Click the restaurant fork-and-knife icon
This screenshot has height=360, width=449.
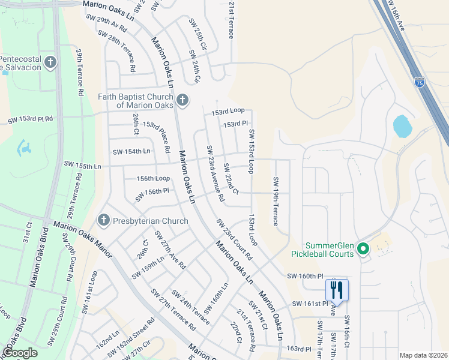(337, 290)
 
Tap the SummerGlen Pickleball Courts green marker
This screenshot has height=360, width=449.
(363, 248)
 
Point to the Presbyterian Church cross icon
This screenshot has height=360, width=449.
(103, 221)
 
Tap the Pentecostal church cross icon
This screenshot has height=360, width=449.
(50, 62)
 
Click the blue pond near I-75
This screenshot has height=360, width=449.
(402, 125)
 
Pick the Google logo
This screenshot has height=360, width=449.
(20, 353)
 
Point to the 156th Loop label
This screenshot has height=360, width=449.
(153, 179)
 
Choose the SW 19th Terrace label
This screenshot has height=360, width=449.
(276, 201)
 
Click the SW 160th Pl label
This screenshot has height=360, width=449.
(301, 276)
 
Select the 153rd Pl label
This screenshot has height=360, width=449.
(235, 124)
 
